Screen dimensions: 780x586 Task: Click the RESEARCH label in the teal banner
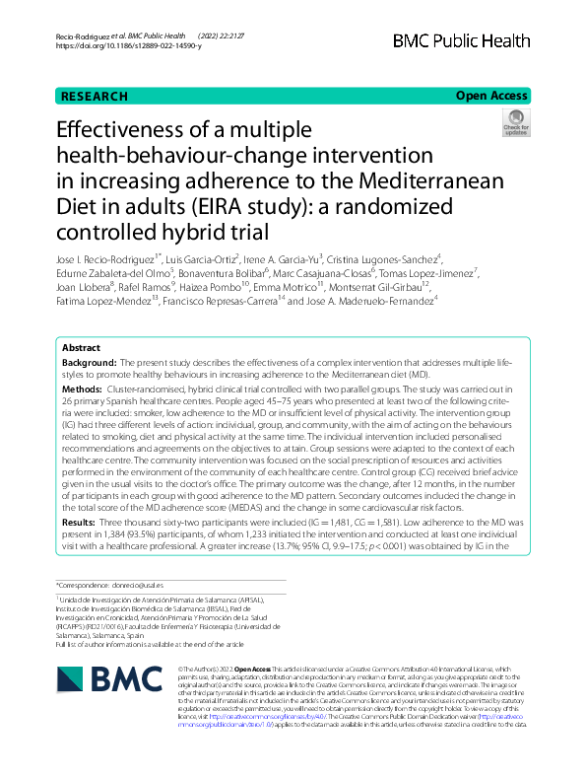click(94, 97)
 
